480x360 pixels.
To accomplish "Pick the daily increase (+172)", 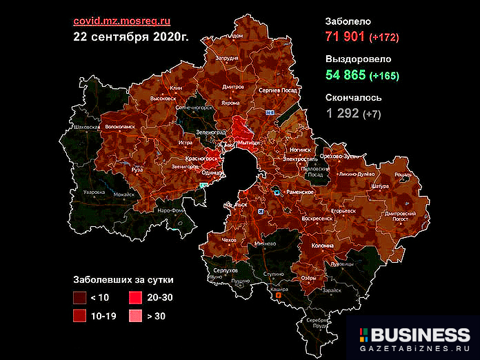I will click(x=384, y=37).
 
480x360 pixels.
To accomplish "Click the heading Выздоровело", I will click(x=358, y=59).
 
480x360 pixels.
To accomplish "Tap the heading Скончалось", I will click(x=354, y=98).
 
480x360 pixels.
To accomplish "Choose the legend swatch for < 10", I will click(x=80, y=298).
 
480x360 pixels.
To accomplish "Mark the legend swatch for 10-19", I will click(x=80, y=316).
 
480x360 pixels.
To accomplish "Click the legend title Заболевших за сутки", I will click(x=123, y=281).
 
